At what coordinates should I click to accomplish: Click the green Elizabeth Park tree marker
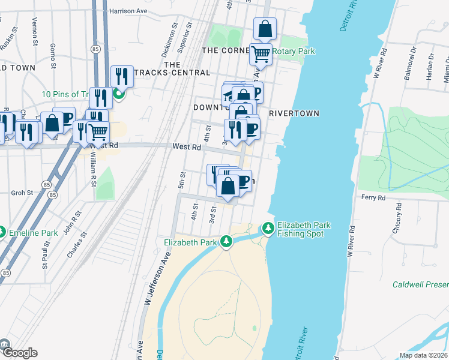[x=226, y=242]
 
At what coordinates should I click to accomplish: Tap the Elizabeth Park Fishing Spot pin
[x=267, y=229]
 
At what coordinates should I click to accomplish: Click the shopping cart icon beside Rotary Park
[x=261, y=54]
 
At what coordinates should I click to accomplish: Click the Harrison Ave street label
[x=129, y=11]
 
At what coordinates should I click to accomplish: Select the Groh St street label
[x=22, y=194]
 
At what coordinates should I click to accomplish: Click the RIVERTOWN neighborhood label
[x=294, y=113]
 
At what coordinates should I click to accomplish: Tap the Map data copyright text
[x=423, y=355]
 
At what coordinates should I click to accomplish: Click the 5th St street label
[x=181, y=181]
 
